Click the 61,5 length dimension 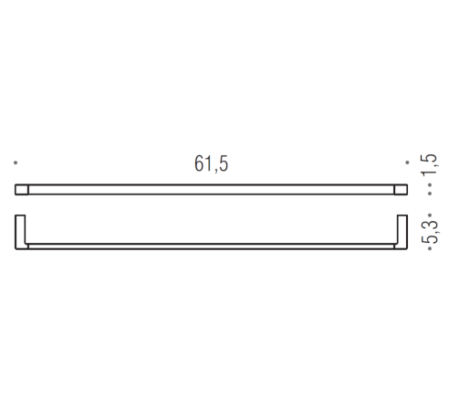[211, 164]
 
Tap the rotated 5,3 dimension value [428, 232]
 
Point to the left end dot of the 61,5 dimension [16, 163]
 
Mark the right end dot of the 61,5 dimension [407, 163]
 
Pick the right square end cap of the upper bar [401, 190]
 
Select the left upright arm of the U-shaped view [21, 232]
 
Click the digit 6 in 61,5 [199, 164]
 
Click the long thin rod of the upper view [212, 190]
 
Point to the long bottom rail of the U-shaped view [212, 247]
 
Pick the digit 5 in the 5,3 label [428, 239]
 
